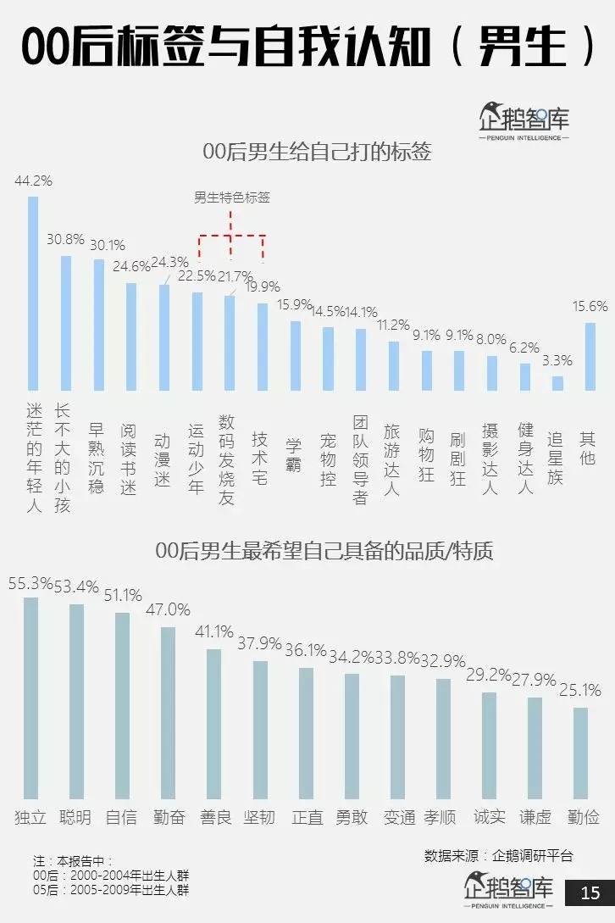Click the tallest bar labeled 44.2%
33,292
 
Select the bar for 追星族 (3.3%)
557,383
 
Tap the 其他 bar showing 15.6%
590,356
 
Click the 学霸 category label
294,444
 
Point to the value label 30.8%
65,240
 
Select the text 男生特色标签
232,198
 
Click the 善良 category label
214,817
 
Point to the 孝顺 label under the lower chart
440,817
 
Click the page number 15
590,892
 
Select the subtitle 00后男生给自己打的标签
317,153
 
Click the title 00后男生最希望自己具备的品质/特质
324,552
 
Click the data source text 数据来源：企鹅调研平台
498,856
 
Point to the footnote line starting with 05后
111,891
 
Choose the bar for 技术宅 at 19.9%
263,347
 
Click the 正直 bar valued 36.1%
306,733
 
